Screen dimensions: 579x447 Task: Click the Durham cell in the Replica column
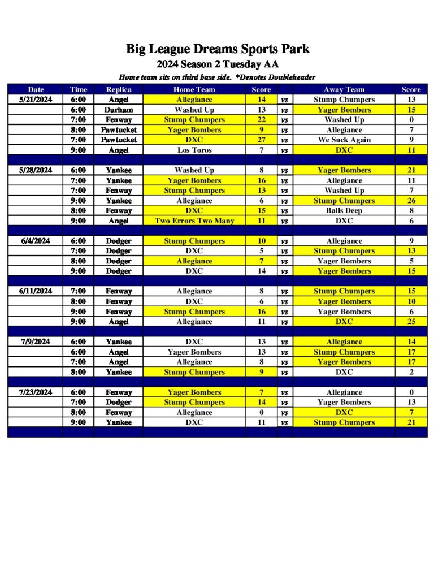tap(118, 110)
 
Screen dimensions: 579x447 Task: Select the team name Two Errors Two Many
tap(194, 221)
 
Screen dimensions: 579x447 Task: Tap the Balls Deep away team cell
tap(344, 210)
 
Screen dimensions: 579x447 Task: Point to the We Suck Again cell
tap(344, 140)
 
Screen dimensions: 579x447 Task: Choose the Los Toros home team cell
tap(194, 150)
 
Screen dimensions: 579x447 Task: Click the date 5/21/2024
tap(36, 100)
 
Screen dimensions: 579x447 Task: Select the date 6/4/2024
tap(36, 241)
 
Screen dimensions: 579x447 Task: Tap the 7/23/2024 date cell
tap(36, 392)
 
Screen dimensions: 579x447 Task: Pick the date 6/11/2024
tap(36, 291)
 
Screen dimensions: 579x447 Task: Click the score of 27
tap(261, 140)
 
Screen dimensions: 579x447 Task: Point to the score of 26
tap(411, 201)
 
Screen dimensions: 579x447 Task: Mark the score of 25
tap(411, 322)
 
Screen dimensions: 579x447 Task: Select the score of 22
tap(261, 120)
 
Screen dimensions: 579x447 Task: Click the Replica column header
tap(119, 89)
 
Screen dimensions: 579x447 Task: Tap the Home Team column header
tap(194, 89)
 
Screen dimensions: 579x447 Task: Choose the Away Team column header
tap(344, 89)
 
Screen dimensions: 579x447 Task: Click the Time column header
tap(79, 89)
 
